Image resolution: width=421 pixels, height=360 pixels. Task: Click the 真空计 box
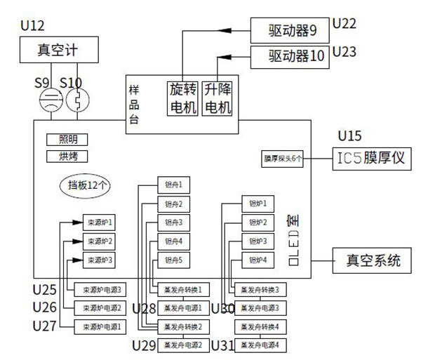pos(58,50)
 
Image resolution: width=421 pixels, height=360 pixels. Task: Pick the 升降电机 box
pos(218,98)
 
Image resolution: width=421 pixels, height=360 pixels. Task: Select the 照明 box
pos(63,140)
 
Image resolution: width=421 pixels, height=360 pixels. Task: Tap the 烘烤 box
pos(63,156)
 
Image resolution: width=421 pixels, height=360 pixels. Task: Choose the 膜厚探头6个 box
pos(283,159)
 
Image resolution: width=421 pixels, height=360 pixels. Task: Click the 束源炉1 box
pos(98,223)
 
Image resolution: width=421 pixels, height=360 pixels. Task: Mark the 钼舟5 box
pos(173,260)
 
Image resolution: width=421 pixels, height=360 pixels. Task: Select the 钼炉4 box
pos(257,260)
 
